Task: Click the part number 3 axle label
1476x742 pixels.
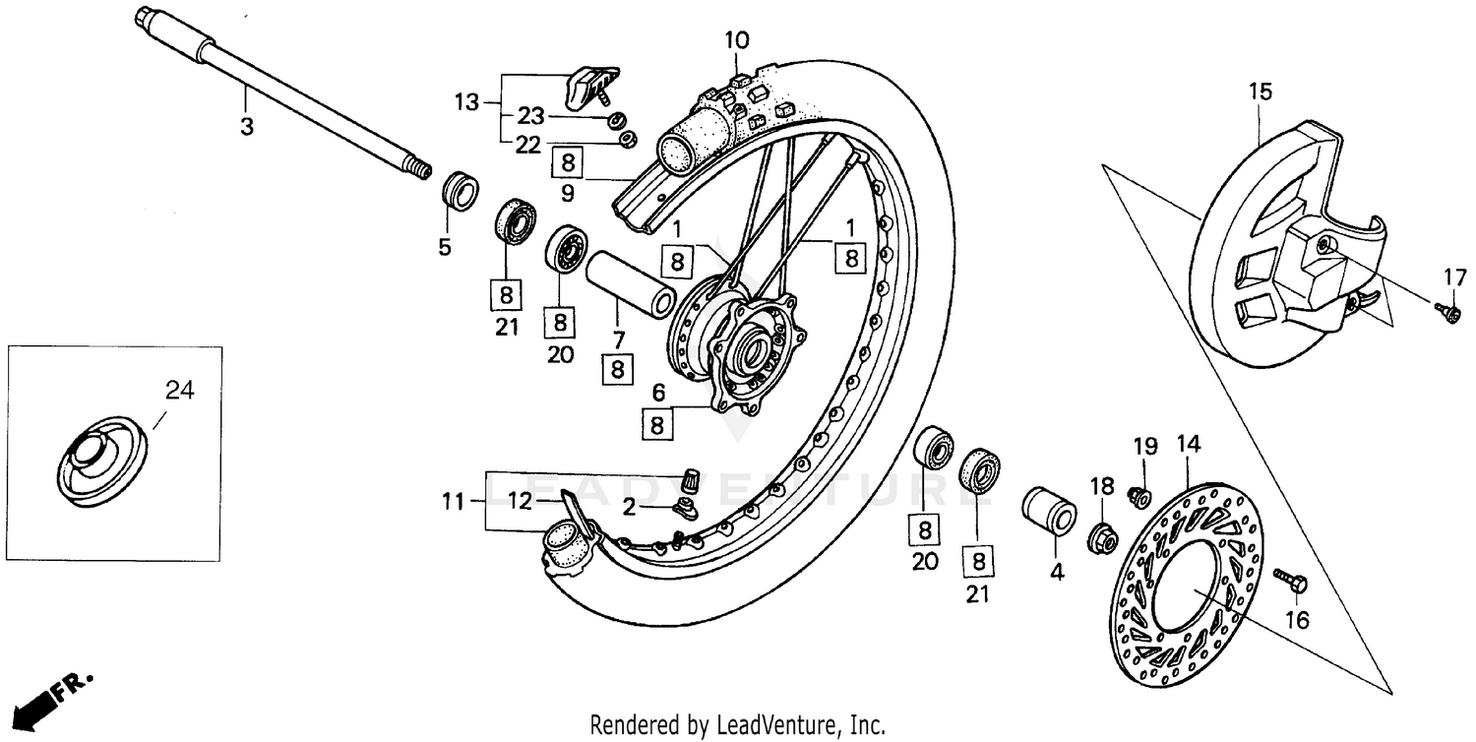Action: tap(247, 127)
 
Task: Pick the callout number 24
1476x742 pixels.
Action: tap(179, 391)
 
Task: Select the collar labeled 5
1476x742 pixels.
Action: tap(460, 190)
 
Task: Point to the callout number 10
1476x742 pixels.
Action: tap(737, 40)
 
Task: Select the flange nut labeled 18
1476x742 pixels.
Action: tap(1102, 537)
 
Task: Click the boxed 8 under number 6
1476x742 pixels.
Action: tap(658, 425)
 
